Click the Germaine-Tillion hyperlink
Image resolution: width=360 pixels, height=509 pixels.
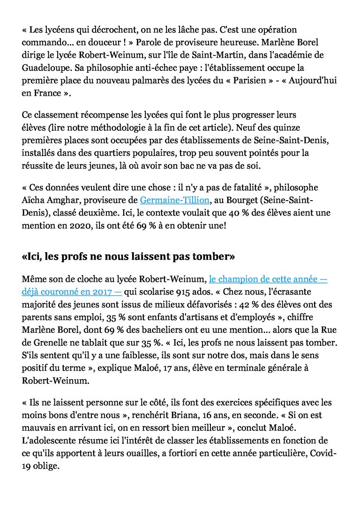[x=169, y=200]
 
